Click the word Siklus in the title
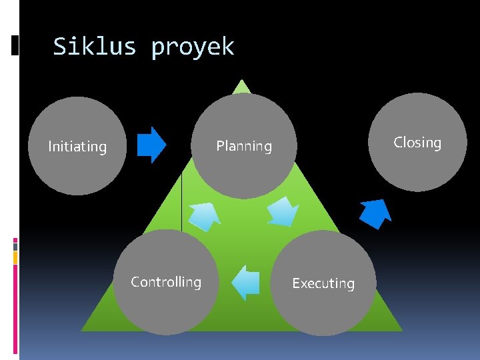pos(94,47)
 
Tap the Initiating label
pos(77,147)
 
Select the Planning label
pos(244,146)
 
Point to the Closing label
pos(417,143)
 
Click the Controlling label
pos(166,282)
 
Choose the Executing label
pos(323,283)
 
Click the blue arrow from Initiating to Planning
pos(151,145)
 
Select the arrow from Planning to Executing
pos(283,211)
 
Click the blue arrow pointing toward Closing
pos(375,213)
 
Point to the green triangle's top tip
pos(242,83)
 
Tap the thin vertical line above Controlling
pos(181,200)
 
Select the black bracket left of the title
pos(15,45)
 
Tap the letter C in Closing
pos(398,143)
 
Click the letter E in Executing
pos(297,283)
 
